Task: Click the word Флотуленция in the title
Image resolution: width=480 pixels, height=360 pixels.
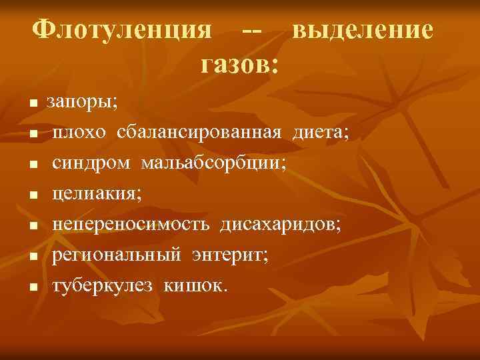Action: point(123,31)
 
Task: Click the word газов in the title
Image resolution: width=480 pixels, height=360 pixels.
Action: point(236,64)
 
